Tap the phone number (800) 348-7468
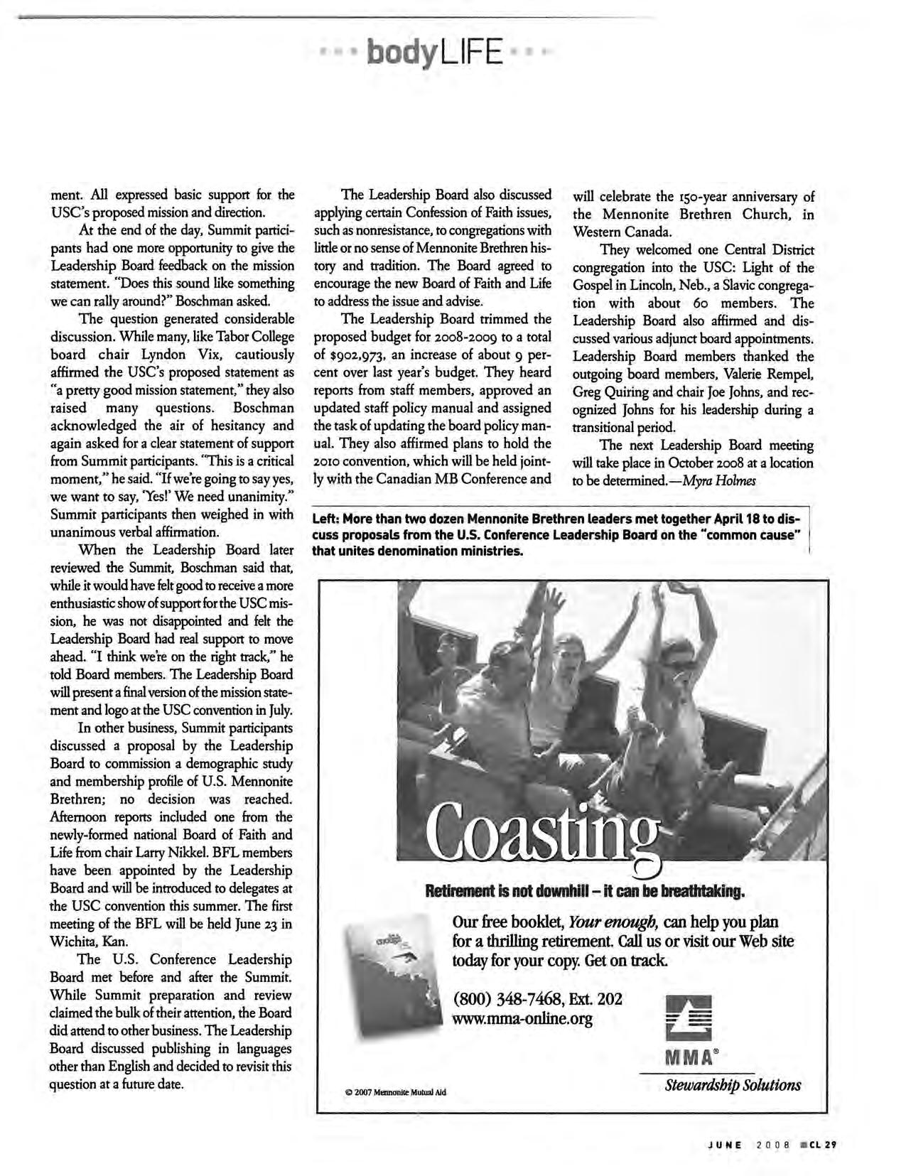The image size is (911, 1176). pyautogui.click(x=502, y=1000)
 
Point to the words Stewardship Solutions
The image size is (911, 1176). pyautogui.click(x=733, y=1084)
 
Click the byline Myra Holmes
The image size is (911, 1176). pyautogui.click(x=713, y=480)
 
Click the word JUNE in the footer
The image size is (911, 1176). pyautogui.click(x=724, y=1145)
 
